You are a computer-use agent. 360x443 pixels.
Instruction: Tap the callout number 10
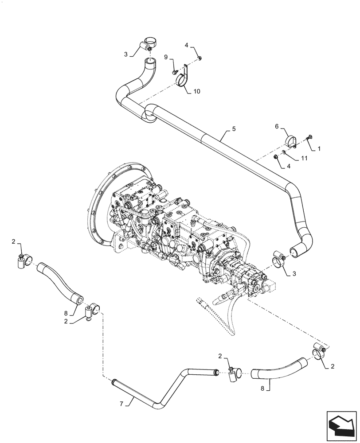[x=196, y=92]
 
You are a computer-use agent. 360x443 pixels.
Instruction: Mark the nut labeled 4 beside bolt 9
[x=200, y=57]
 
